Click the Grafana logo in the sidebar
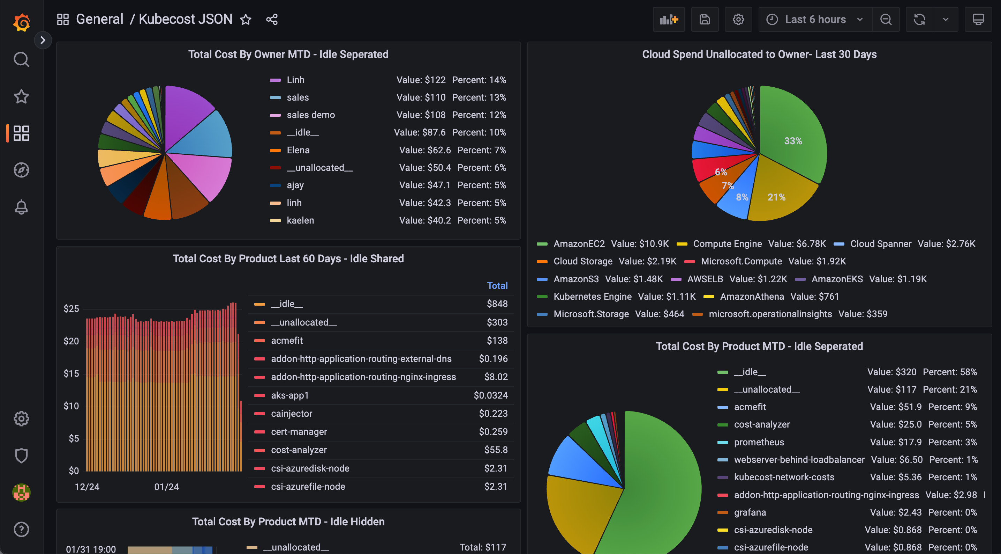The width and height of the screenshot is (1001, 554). coord(21,22)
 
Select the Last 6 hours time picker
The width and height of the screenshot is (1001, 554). coord(815,20)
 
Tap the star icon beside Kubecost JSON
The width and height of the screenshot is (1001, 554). coord(246,20)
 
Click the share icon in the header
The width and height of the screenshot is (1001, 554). coord(272,20)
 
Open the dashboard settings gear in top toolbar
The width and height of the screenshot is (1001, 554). coord(738,20)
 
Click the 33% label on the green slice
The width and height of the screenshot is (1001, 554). coord(793,141)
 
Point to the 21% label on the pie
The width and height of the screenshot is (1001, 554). coord(776,197)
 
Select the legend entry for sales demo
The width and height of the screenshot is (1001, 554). coord(310,115)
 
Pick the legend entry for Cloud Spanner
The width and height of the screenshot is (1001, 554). coord(880,244)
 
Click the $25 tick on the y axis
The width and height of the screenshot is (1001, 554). coord(71,309)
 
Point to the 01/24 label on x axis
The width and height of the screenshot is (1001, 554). coord(166,487)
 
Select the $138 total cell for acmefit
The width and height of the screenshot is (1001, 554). coord(497,341)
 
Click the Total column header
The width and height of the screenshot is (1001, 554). coord(497,286)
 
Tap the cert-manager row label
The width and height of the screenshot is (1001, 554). coord(299,431)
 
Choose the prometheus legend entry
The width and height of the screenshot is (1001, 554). coord(759,442)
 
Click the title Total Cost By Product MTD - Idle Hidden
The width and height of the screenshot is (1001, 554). coord(288,522)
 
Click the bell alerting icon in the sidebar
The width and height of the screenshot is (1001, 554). coord(21,207)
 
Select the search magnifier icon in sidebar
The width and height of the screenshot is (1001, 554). coord(21,59)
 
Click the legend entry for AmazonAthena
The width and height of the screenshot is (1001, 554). coord(752,297)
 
